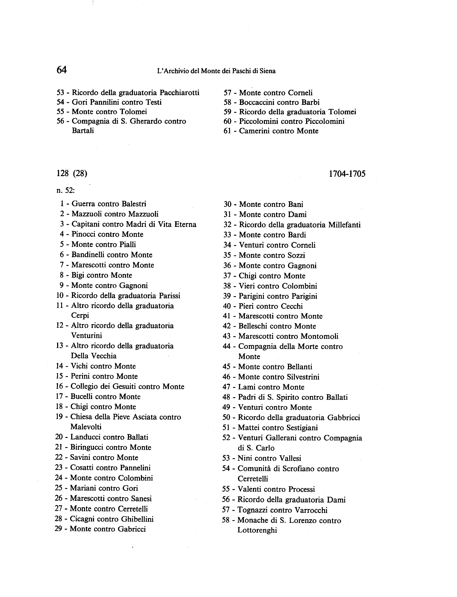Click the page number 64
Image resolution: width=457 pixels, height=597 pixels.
tap(61, 70)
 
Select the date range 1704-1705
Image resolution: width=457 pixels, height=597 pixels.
tap(347, 174)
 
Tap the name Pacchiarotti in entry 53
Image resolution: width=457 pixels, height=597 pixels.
tap(179, 93)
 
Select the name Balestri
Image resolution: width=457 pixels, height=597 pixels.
tap(134, 204)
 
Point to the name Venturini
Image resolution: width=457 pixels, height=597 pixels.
tap(87, 336)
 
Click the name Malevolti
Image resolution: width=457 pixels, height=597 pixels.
tap(86, 427)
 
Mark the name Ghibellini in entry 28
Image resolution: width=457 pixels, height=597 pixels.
tap(137, 519)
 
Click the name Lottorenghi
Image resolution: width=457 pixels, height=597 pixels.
tap(257, 530)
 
